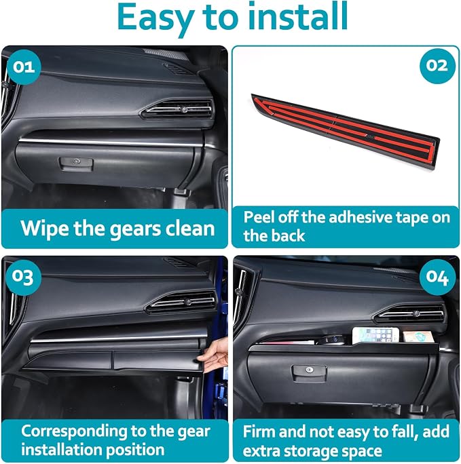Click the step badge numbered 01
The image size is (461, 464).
point(24,67)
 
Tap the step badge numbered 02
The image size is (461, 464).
point(437,66)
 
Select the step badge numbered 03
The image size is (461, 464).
point(24,277)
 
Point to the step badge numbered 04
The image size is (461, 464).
point(437,277)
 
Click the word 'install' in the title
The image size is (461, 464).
point(298,16)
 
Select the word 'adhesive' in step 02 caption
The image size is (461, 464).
point(360,218)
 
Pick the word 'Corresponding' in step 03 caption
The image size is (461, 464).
point(74,431)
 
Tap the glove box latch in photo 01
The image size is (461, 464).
point(77,163)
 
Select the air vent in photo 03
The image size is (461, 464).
point(181,302)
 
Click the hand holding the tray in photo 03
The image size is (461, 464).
point(214,355)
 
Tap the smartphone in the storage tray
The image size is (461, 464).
point(375,336)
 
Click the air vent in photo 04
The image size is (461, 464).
point(409,313)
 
